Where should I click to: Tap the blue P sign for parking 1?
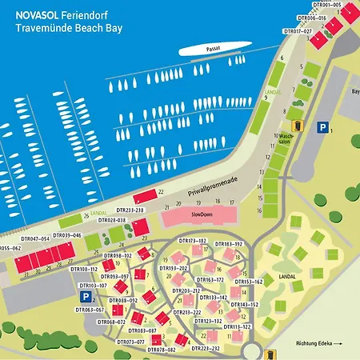(322, 127)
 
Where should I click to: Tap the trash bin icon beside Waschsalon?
(297, 125)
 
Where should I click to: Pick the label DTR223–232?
(204, 348)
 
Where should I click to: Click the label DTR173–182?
(192, 241)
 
